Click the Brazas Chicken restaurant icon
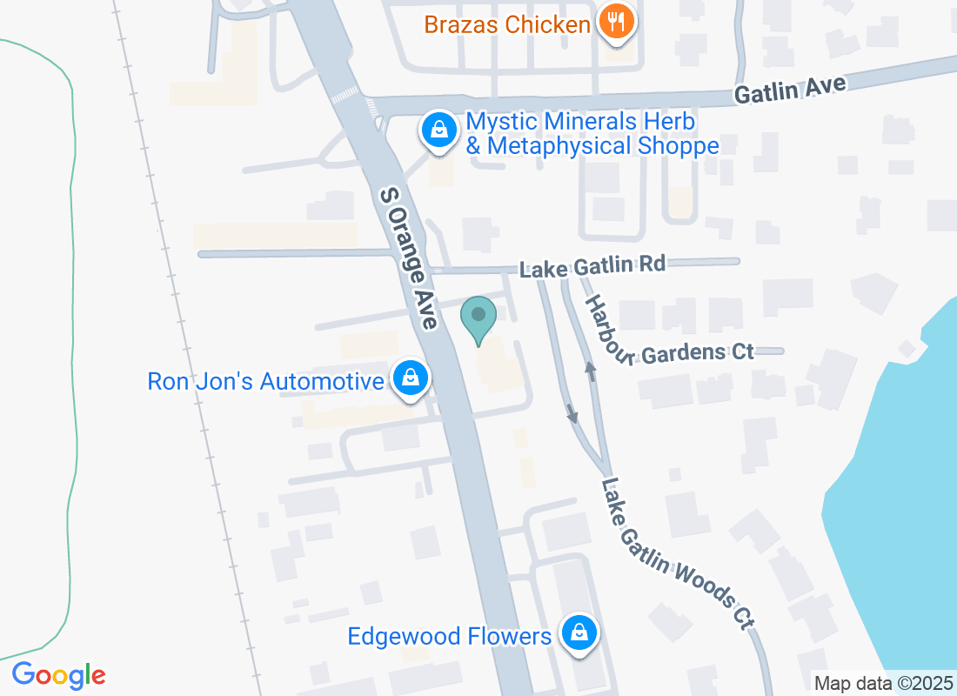617,22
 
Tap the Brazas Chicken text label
507,24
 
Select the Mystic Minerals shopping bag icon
439,130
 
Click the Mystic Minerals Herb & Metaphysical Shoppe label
592,133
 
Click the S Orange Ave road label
408,258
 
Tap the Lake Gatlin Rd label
592,265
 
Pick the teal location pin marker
478,318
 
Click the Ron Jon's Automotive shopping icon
408,378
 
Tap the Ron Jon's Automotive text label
265,381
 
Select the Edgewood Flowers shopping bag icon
578,634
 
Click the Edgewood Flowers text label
449,637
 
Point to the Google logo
58,675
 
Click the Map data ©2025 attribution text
884,684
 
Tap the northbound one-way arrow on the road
591,371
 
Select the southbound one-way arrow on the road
572,413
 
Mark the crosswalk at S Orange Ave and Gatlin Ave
345,94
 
